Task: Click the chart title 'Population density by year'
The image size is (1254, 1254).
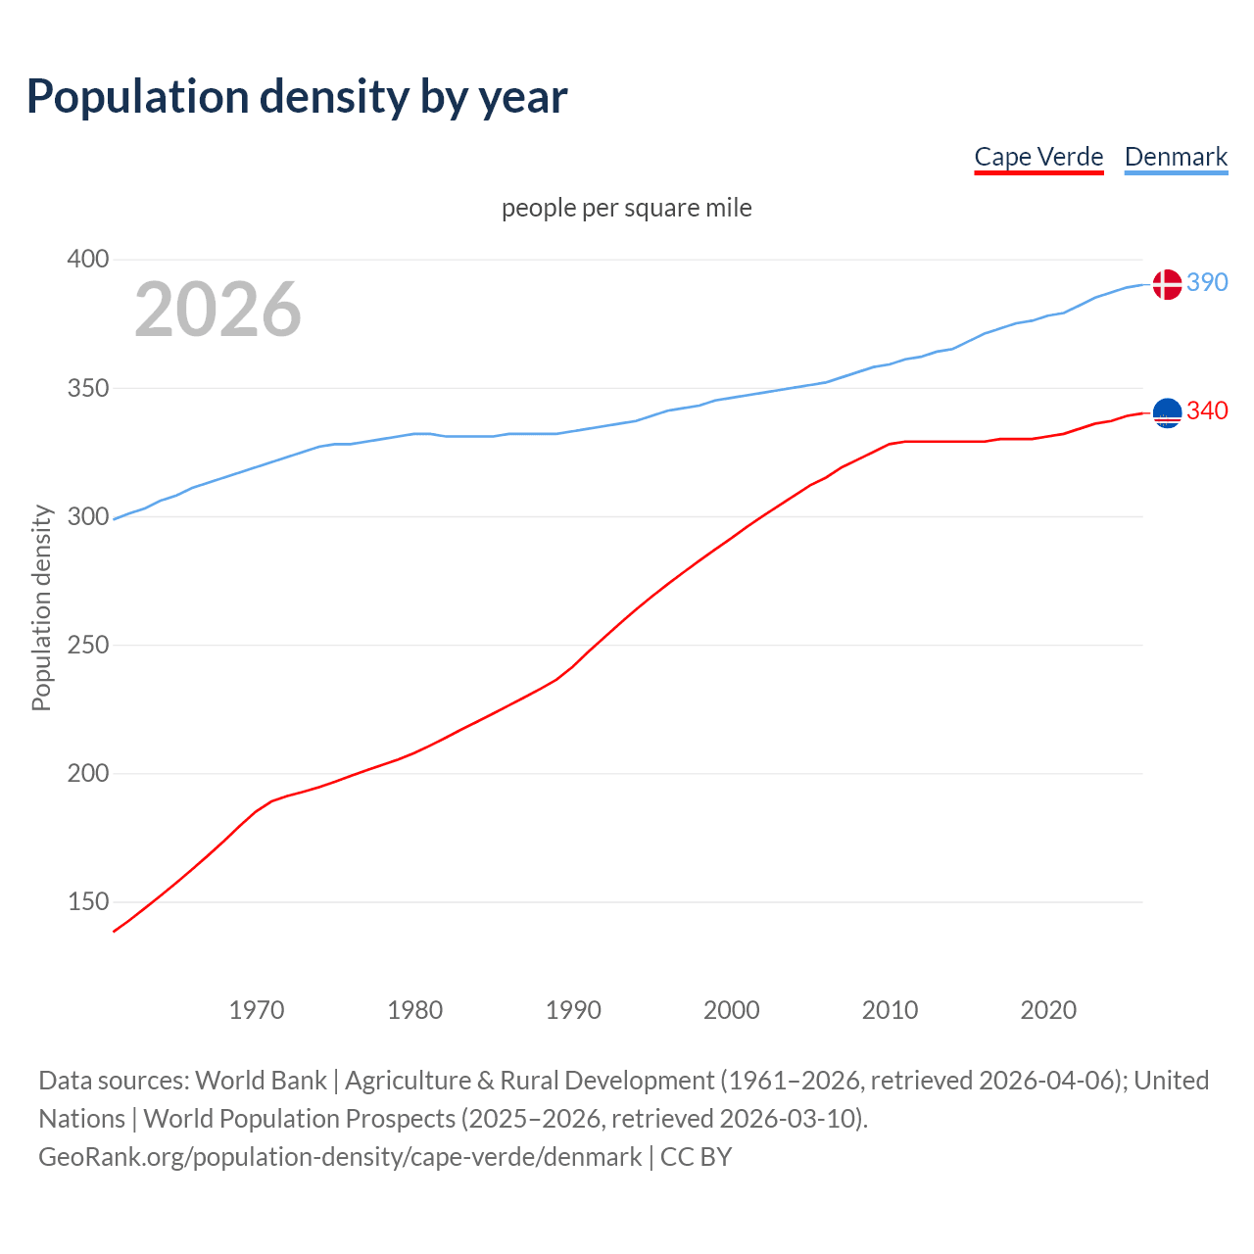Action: click(x=297, y=96)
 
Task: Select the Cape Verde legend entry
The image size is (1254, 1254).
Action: click(x=1038, y=157)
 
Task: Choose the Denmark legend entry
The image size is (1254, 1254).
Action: click(x=1176, y=157)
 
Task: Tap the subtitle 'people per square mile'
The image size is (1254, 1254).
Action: click(x=627, y=208)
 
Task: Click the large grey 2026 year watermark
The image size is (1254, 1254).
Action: click(x=217, y=310)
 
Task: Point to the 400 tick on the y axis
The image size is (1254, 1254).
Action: click(x=88, y=260)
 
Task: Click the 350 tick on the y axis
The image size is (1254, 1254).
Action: click(x=88, y=388)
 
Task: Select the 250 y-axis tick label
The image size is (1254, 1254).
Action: click(x=88, y=645)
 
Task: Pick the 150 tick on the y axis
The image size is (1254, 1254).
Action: click(x=88, y=901)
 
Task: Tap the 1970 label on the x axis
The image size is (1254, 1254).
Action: click(x=257, y=1010)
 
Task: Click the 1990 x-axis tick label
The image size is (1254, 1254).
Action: click(x=573, y=1010)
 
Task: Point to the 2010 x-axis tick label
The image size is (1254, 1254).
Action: click(x=890, y=1010)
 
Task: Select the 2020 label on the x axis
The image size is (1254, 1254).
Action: click(x=1048, y=1010)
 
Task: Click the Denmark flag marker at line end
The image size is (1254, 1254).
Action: click(x=1166, y=284)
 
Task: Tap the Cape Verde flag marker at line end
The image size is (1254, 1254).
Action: click(x=1166, y=413)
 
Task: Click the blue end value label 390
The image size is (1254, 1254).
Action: click(x=1207, y=282)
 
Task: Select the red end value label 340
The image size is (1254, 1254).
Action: click(x=1207, y=410)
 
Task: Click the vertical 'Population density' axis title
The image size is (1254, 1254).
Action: click(x=41, y=607)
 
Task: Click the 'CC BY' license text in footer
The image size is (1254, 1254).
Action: click(x=697, y=1157)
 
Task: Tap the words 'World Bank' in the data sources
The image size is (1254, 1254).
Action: click(x=261, y=1081)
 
